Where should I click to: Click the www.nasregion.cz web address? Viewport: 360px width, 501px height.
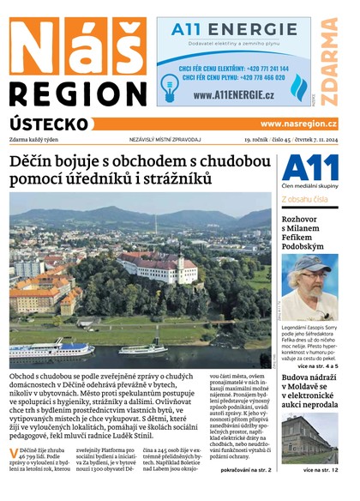(x=298, y=124)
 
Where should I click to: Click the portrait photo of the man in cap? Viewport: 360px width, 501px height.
(x=309, y=287)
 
